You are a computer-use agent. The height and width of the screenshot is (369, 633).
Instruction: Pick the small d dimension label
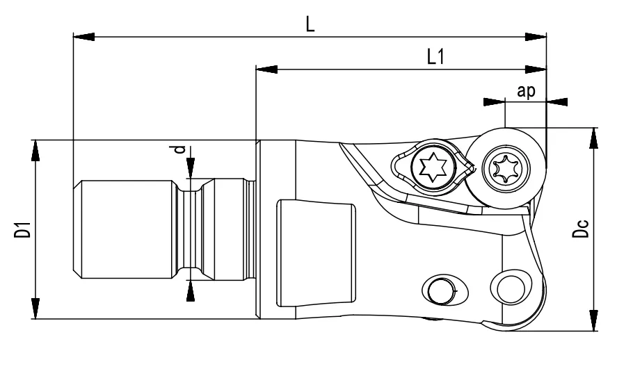(x=180, y=149)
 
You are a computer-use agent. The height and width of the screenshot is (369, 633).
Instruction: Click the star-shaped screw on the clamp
(x=431, y=166)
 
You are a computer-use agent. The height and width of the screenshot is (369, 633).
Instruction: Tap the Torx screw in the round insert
(x=506, y=167)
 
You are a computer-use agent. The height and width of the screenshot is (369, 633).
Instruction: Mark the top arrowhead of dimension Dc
(x=593, y=137)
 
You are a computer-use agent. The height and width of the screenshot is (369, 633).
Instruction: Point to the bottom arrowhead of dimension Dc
(x=593, y=322)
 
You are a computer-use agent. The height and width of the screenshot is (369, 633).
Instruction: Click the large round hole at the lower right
(x=509, y=285)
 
